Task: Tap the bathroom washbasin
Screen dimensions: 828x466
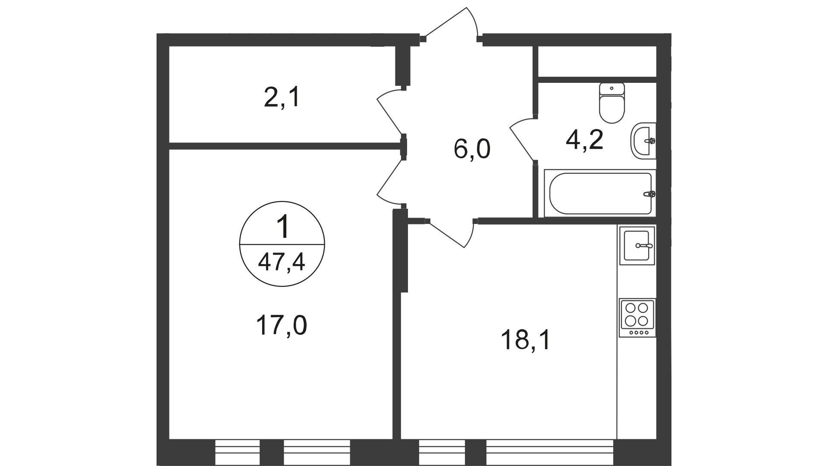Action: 643,140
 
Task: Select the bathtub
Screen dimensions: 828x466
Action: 600,193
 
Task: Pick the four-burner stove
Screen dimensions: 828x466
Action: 637,318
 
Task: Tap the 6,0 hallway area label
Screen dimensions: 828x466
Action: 472,150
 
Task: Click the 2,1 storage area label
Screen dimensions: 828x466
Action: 281,99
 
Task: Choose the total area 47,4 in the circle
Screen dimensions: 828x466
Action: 281,261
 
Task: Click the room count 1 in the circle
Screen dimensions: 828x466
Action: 282,227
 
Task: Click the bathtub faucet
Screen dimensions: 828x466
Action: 649,194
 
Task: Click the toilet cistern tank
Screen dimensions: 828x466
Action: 612,88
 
